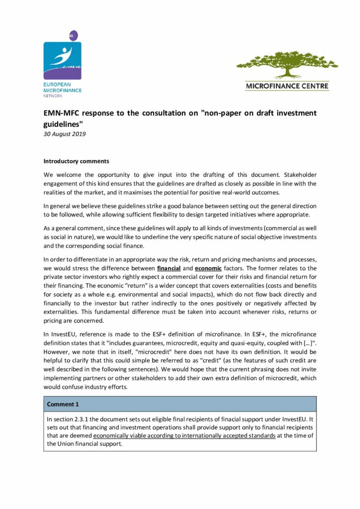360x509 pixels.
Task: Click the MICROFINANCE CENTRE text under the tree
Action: click(287, 86)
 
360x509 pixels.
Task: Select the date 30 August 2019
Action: click(65, 134)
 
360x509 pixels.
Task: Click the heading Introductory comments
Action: click(76, 161)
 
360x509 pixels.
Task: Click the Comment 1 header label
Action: click(64, 404)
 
